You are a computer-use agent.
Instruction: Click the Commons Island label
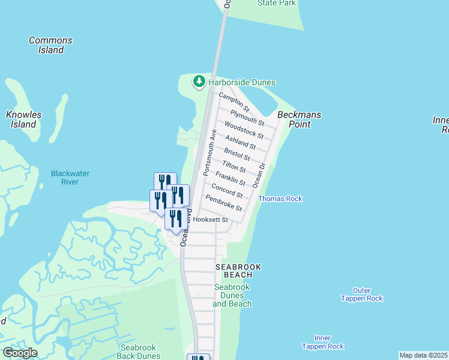[51, 45]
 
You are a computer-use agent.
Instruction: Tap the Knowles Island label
[23, 119]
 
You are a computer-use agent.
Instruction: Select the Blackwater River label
[70, 178]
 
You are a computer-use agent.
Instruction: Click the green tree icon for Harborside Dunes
[199, 82]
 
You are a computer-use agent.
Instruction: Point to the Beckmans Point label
[299, 119]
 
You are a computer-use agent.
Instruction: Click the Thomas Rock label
[280, 199]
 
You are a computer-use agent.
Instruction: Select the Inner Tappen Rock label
[323, 342]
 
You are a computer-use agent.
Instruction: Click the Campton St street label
[234, 100]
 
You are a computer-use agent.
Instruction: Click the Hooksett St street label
[215, 220]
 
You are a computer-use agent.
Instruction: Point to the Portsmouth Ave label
[208, 152]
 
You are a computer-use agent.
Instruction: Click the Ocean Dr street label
[262, 175]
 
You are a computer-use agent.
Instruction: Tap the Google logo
[20, 352]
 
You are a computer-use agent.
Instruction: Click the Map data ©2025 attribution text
[424, 355]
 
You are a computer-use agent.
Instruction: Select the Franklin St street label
[231, 178]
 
